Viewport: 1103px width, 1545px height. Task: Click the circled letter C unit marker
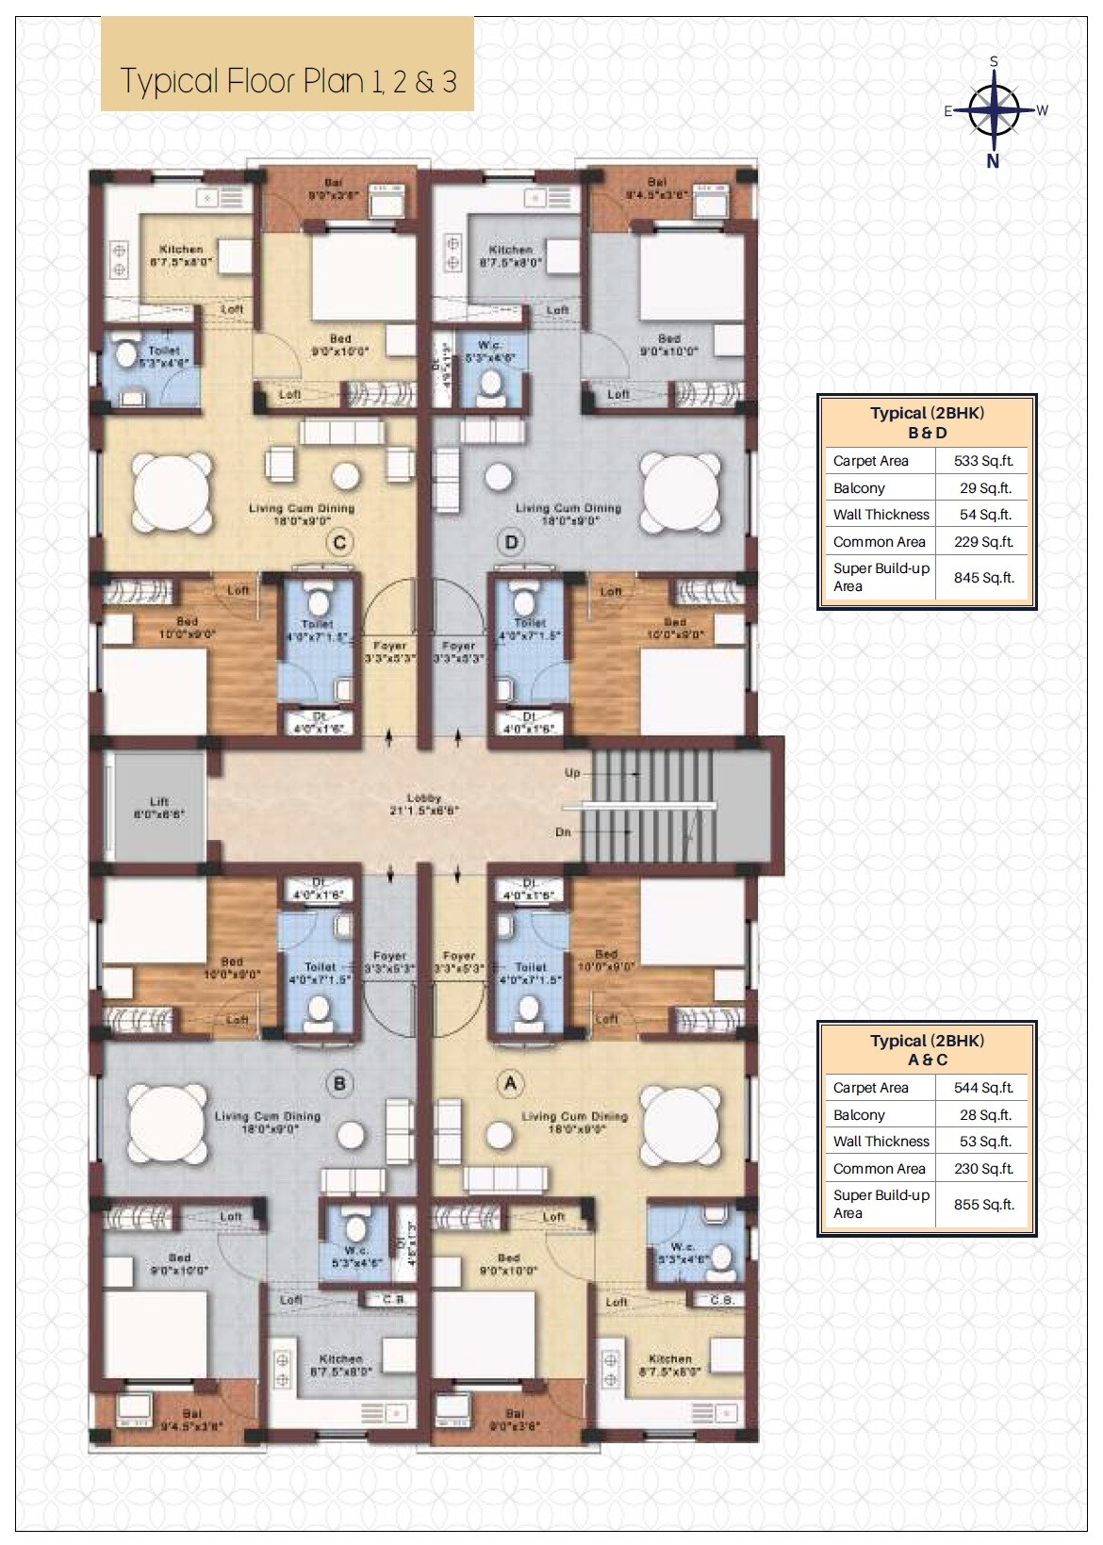(x=339, y=542)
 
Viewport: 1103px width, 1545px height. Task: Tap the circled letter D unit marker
(x=511, y=542)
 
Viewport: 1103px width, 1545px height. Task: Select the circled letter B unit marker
(x=339, y=1084)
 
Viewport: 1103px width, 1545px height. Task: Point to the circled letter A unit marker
(x=511, y=1084)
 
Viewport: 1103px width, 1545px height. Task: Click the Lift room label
(x=158, y=807)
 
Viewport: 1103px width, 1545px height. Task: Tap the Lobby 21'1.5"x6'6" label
(x=423, y=803)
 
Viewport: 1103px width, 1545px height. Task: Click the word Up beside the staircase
(x=572, y=773)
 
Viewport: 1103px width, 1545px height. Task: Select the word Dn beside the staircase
(x=563, y=832)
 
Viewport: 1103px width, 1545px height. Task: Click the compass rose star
(x=994, y=110)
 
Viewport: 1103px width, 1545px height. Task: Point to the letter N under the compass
(x=993, y=160)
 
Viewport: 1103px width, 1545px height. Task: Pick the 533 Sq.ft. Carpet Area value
(x=983, y=461)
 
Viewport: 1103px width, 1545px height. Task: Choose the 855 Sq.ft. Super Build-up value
(x=983, y=1204)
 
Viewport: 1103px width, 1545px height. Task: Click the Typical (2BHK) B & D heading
(x=927, y=422)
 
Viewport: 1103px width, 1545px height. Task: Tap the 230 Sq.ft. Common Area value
(x=983, y=1169)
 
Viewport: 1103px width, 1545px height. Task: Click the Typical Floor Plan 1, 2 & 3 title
(x=288, y=81)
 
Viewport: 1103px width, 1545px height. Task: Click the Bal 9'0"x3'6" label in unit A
(x=514, y=1420)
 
